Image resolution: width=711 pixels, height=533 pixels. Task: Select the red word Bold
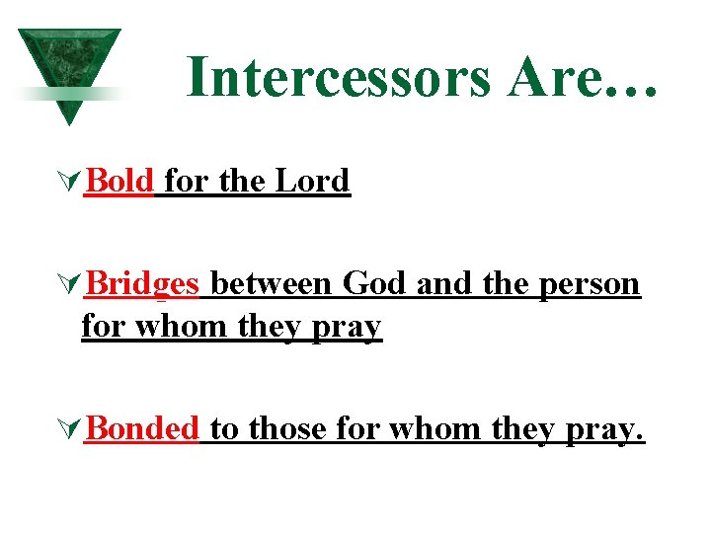pos(119,181)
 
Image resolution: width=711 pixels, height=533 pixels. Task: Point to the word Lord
pos(312,181)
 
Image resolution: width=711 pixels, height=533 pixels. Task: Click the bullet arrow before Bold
pos(70,182)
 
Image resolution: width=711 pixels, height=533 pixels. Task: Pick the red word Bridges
pos(143,284)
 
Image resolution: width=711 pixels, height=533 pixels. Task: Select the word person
pos(591,284)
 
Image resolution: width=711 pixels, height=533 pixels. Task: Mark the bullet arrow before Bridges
pos(70,285)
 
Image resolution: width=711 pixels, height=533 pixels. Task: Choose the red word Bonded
pos(143,428)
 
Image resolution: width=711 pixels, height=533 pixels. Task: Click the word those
pos(289,428)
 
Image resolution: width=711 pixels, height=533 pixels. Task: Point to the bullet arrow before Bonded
pos(70,429)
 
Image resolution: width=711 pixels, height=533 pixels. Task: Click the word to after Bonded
pos(224,428)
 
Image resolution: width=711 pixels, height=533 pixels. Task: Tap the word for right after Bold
pos(188,181)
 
